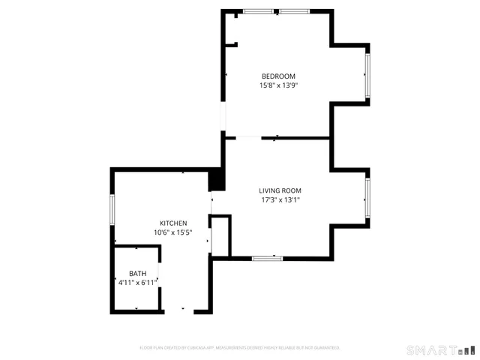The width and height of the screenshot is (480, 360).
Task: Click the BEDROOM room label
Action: [x=278, y=76]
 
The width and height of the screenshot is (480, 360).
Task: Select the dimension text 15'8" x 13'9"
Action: [x=278, y=85]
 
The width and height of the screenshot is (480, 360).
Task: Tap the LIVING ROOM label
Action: [x=280, y=190]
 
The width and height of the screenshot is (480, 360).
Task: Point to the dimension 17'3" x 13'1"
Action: [x=280, y=200]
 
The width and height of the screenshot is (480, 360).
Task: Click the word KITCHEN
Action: [x=172, y=223]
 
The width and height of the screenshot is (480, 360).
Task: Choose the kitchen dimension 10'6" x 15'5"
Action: [x=172, y=233]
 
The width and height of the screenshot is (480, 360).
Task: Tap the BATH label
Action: [x=137, y=273]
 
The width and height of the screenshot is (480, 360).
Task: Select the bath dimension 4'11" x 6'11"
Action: [x=137, y=283]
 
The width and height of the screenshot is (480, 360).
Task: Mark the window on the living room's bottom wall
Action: [x=267, y=258]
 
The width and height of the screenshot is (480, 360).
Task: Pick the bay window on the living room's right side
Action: [x=367, y=196]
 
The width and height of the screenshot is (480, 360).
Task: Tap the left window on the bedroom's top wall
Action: [x=258, y=11]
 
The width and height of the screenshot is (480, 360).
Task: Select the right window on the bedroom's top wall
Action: [x=294, y=11]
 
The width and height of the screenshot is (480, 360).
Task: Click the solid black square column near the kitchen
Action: [x=215, y=180]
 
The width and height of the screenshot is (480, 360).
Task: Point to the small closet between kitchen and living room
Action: [x=220, y=236]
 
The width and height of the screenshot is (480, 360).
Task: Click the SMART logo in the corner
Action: [x=440, y=350]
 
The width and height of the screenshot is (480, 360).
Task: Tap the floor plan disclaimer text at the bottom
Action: [x=240, y=347]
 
